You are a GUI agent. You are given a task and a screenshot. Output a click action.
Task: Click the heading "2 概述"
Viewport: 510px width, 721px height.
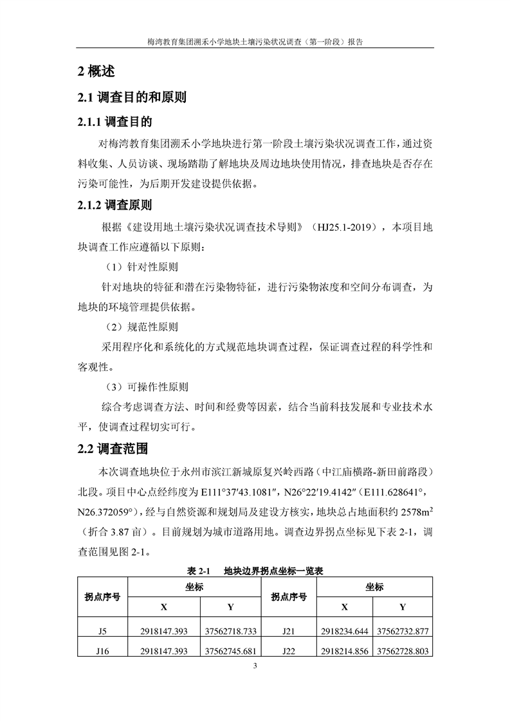(x=96, y=71)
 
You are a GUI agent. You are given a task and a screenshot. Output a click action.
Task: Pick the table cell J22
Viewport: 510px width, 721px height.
(x=288, y=651)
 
